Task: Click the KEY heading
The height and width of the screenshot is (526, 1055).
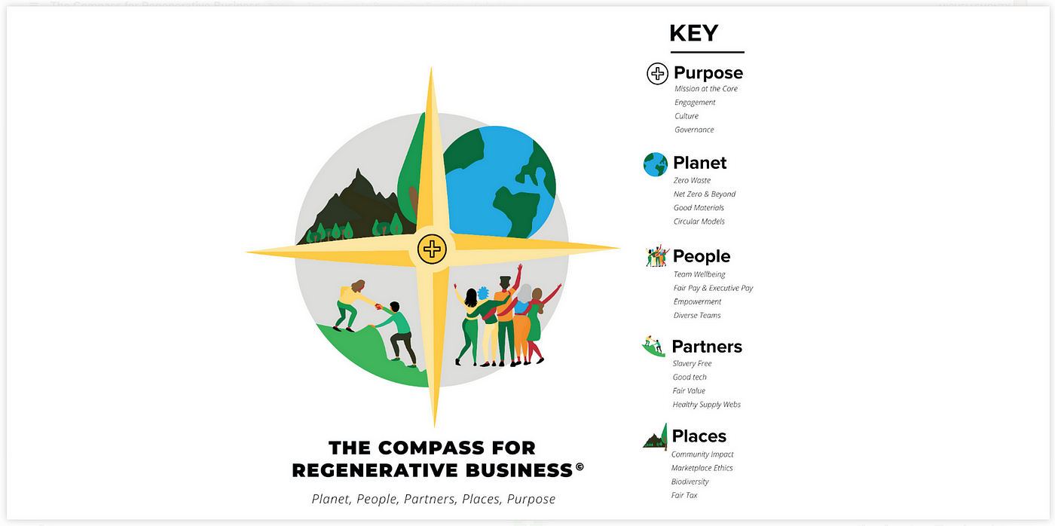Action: coord(694,33)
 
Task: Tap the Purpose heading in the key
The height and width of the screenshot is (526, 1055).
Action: coord(708,73)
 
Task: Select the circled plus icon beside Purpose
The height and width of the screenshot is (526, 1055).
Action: coord(657,73)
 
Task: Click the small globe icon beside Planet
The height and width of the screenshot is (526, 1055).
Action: coord(655,164)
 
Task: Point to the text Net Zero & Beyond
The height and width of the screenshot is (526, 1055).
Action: coord(704,194)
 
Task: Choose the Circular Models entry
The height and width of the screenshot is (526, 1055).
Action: coord(699,222)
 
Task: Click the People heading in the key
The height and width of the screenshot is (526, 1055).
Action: coord(702,256)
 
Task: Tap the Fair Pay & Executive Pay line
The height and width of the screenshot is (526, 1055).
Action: coord(713,288)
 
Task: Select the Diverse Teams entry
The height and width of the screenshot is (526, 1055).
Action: coord(697,316)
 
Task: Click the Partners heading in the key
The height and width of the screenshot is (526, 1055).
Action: coord(707,347)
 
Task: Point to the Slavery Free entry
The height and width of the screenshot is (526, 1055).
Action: coord(692,363)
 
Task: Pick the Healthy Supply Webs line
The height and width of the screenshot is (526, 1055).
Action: coord(707,405)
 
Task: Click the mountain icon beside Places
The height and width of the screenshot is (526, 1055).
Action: coord(656,436)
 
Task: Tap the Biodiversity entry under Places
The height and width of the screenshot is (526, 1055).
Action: coord(690,482)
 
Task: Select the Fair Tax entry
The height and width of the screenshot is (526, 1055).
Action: coord(684,495)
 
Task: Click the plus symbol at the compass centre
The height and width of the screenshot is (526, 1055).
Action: coord(432,249)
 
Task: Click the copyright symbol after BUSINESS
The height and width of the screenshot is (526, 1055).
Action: coord(579,466)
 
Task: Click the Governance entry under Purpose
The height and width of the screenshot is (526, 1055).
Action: coord(694,130)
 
